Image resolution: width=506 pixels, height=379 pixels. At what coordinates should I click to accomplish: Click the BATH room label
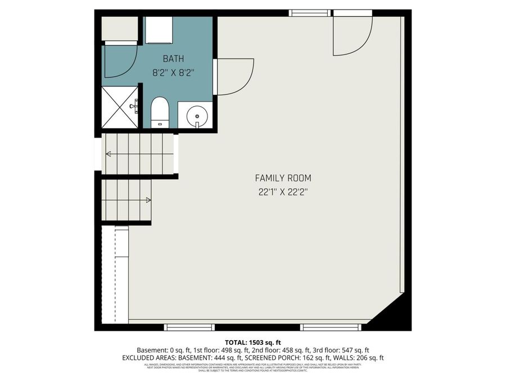click(173, 58)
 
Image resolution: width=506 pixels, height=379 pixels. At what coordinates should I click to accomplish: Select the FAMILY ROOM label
click(283, 178)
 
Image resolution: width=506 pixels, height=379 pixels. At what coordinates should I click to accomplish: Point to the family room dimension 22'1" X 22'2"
click(283, 192)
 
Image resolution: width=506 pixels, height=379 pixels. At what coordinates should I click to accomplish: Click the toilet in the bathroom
click(160, 111)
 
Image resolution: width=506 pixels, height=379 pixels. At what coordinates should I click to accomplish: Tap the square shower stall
click(120, 107)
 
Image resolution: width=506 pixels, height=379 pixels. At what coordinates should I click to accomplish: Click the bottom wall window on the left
click(182, 327)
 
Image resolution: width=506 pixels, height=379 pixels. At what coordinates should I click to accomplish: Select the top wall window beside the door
click(309, 13)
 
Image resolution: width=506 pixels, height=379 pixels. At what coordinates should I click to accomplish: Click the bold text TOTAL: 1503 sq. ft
click(252, 342)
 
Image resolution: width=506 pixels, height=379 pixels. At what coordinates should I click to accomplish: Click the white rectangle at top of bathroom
click(159, 30)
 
